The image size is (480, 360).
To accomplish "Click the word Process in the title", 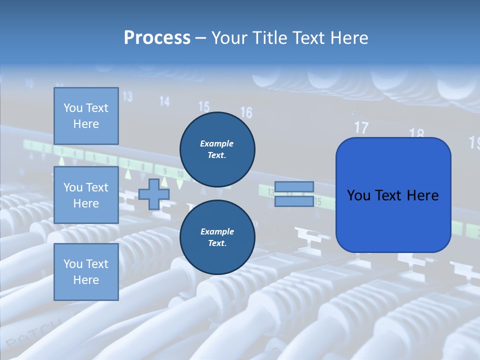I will click(157, 38).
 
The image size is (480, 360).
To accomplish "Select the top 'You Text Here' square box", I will click(86, 116).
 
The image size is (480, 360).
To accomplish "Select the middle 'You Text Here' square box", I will click(86, 195).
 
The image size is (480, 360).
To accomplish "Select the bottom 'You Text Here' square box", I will click(86, 272).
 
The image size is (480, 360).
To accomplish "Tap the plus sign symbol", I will click(153, 194).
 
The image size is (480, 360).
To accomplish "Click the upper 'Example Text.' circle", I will click(217, 149).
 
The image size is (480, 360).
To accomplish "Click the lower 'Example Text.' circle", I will click(217, 237).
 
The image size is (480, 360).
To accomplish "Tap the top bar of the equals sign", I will click(294, 186).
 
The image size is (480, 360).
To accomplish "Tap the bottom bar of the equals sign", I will click(294, 201).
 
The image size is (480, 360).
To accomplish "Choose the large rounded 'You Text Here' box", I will click(393, 195).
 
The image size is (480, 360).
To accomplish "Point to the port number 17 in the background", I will click(361, 127).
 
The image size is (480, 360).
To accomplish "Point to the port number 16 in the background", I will click(246, 112).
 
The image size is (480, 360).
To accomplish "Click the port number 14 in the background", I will click(164, 101).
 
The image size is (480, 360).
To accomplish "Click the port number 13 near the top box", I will click(127, 96).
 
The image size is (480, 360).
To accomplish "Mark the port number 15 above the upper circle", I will click(204, 106).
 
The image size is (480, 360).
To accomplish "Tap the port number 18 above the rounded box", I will click(416, 133).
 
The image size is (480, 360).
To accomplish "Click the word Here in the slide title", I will click(348, 38).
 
